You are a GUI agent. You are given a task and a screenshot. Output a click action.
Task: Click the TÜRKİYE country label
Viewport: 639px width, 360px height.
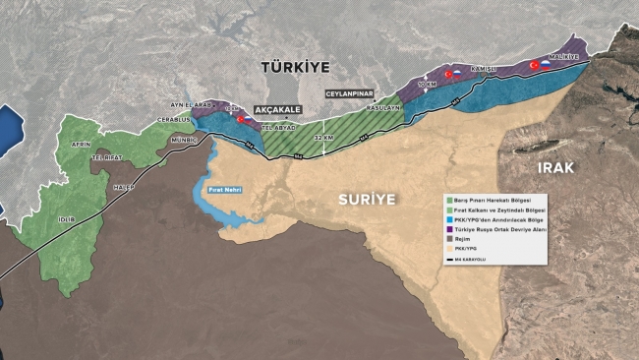[295, 67]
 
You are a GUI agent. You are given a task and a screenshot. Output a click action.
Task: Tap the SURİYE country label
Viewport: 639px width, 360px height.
[367, 199]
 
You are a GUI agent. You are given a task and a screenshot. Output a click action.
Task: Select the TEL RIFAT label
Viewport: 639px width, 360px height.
[105, 158]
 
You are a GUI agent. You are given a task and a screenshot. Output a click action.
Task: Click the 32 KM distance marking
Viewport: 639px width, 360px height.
[323, 138]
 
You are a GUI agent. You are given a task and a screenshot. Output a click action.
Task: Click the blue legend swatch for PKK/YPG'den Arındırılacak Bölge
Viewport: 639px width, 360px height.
[450, 221]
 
